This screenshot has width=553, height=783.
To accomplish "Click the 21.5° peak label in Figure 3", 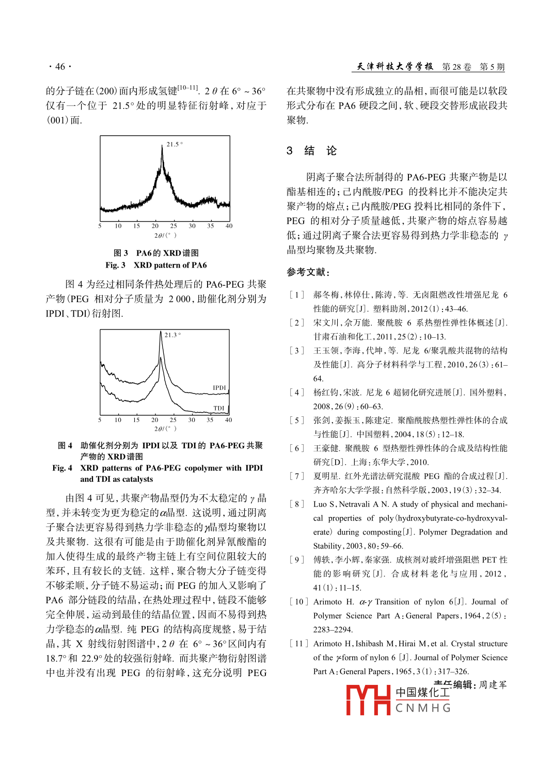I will (175, 144).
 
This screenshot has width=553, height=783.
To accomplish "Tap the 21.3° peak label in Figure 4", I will (172, 335).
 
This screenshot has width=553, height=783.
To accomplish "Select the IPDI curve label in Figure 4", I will (219, 388).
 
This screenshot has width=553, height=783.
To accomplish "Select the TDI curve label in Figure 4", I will (219, 408).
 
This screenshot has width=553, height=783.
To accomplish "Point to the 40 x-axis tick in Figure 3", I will (229, 226).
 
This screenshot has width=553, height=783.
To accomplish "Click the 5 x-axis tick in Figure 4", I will (100, 420).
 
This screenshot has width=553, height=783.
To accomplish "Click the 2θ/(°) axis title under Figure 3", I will (165, 236).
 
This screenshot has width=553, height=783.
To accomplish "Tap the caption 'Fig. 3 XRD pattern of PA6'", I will (156, 265).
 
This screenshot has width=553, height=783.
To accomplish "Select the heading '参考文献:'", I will (308, 272).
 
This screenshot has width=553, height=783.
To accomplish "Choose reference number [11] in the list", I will (298, 644).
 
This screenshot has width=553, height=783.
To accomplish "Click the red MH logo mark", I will (368, 700).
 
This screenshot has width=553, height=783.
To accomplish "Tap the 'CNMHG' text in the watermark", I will (423, 708).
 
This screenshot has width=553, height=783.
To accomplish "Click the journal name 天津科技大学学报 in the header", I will (395, 67).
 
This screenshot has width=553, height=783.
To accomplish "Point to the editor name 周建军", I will (493, 685).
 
